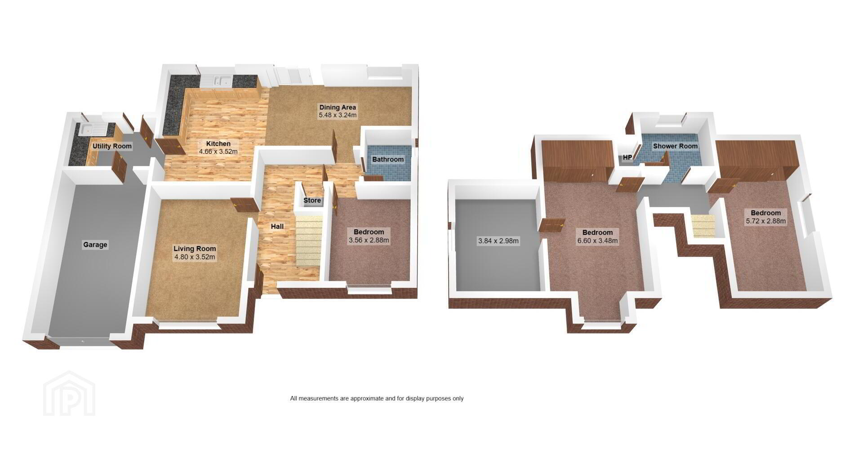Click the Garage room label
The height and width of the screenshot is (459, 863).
pyautogui.click(x=95, y=245)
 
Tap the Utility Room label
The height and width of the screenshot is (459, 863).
pyautogui.click(x=112, y=146)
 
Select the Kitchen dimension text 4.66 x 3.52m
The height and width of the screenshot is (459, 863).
pyautogui.click(x=218, y=152)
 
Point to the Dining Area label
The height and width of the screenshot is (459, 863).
pyautogui.click(x=338, y=107)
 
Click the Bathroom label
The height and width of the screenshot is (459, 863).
pyautogui.click(x=388, y=160)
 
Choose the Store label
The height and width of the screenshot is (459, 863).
pyautogui.click(x=312, y=201)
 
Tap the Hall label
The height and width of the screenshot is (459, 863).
pyautogui.click(x=277, y=227)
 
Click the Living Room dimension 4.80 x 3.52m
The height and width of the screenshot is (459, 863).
pyautogui.click(x=195, y=258)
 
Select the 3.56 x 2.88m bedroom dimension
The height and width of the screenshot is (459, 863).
pyautogui.click(x=369, y=241)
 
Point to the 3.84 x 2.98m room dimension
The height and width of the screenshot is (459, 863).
pyautogui.click(x=498, y=241)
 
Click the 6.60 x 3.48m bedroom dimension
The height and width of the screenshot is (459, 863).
pyautogui.click(x=598, y=241)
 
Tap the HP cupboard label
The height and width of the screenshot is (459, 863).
pyautogui.click(x=627, y=158)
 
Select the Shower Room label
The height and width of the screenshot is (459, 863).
pyautogui.click(x=676, y=146)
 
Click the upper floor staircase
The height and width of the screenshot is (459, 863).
pyautogui.click(x=703, y=226)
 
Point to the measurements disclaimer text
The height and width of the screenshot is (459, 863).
pyautogui.click(x=377, y=398)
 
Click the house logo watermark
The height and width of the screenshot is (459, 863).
pyautogui.click(x=69, y=393)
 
